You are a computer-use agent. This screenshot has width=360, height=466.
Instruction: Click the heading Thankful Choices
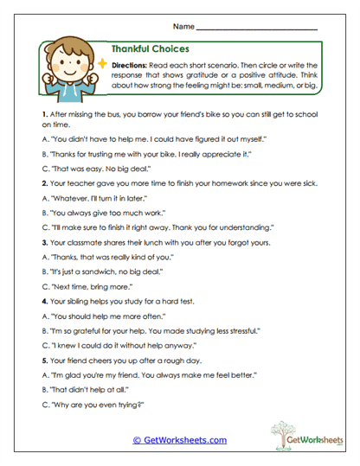coord(151,49)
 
